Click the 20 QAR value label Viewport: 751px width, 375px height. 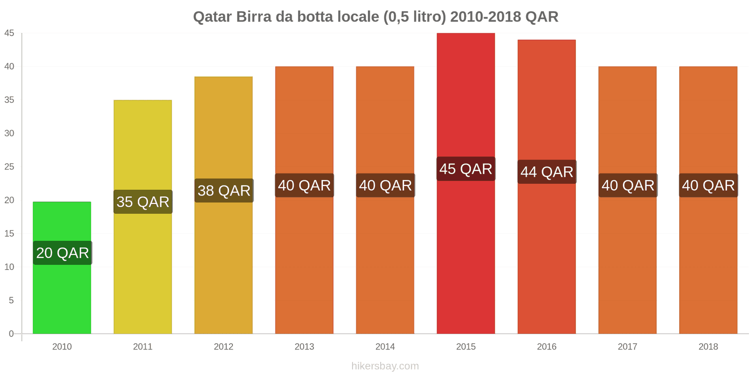62,253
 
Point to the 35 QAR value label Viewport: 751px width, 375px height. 143,202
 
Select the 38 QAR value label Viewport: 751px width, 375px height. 224,191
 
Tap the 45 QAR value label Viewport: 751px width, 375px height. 466,169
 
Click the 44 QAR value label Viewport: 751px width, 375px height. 547,172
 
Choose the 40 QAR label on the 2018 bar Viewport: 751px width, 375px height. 708,186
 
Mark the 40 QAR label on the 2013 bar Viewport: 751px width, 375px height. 304,186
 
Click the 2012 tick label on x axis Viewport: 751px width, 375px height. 223,347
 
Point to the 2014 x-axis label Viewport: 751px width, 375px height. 385,347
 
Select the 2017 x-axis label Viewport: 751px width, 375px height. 628,347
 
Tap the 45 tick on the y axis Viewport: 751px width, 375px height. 9,33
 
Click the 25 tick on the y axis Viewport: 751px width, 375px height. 9,167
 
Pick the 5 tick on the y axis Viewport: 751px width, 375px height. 11,300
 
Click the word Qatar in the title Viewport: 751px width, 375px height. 212,17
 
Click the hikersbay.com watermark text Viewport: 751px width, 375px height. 385,366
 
